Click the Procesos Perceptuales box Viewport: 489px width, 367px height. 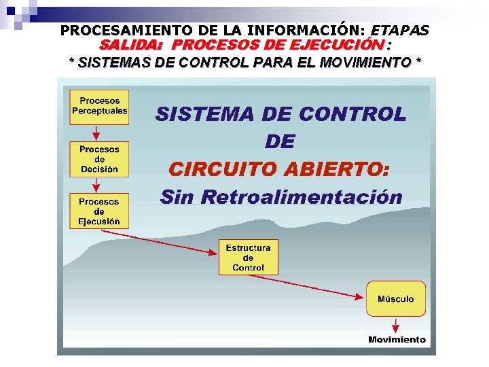click(99, 106)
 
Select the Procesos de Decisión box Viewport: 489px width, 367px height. click(99, 159)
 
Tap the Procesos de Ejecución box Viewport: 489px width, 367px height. click(99, 211)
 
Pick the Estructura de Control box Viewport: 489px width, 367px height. click(248, 258)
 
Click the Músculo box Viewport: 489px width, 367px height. click(396, 298)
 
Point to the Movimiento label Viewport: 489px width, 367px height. click(397, 340)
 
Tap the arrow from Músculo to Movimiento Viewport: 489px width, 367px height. click(397, 325)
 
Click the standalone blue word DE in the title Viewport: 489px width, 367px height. click(280, 141)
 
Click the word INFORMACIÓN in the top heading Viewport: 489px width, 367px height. click(308, 31)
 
